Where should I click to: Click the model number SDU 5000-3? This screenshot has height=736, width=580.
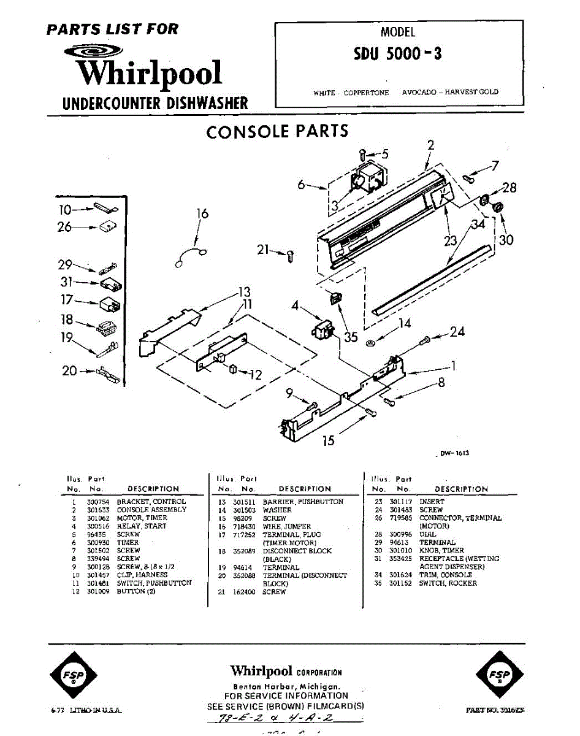[x=397, y=54]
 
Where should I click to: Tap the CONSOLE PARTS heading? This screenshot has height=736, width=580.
[x=277, y=131]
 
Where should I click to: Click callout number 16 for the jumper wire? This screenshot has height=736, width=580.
[x=202, y=214]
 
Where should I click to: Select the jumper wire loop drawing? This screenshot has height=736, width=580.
[x=190, y=257]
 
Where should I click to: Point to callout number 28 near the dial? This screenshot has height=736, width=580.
[x=509, y=188]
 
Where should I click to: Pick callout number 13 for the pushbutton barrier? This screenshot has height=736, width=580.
[x=245, y=291]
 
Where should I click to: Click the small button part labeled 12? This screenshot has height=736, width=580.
[x=234, y=368]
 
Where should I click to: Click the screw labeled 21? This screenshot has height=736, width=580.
[x=291, y=255]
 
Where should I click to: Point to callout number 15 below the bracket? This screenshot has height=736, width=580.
[x=329, y=440]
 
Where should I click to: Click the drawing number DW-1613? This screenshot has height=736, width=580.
[x=455, y=453]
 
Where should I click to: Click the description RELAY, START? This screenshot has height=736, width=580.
[x=142, y=526]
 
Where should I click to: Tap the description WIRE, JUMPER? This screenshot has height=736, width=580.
[x=286, y=526]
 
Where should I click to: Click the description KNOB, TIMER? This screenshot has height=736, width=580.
[x=441, y=551]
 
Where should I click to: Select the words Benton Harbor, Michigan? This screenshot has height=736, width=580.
[x=286, y=686]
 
